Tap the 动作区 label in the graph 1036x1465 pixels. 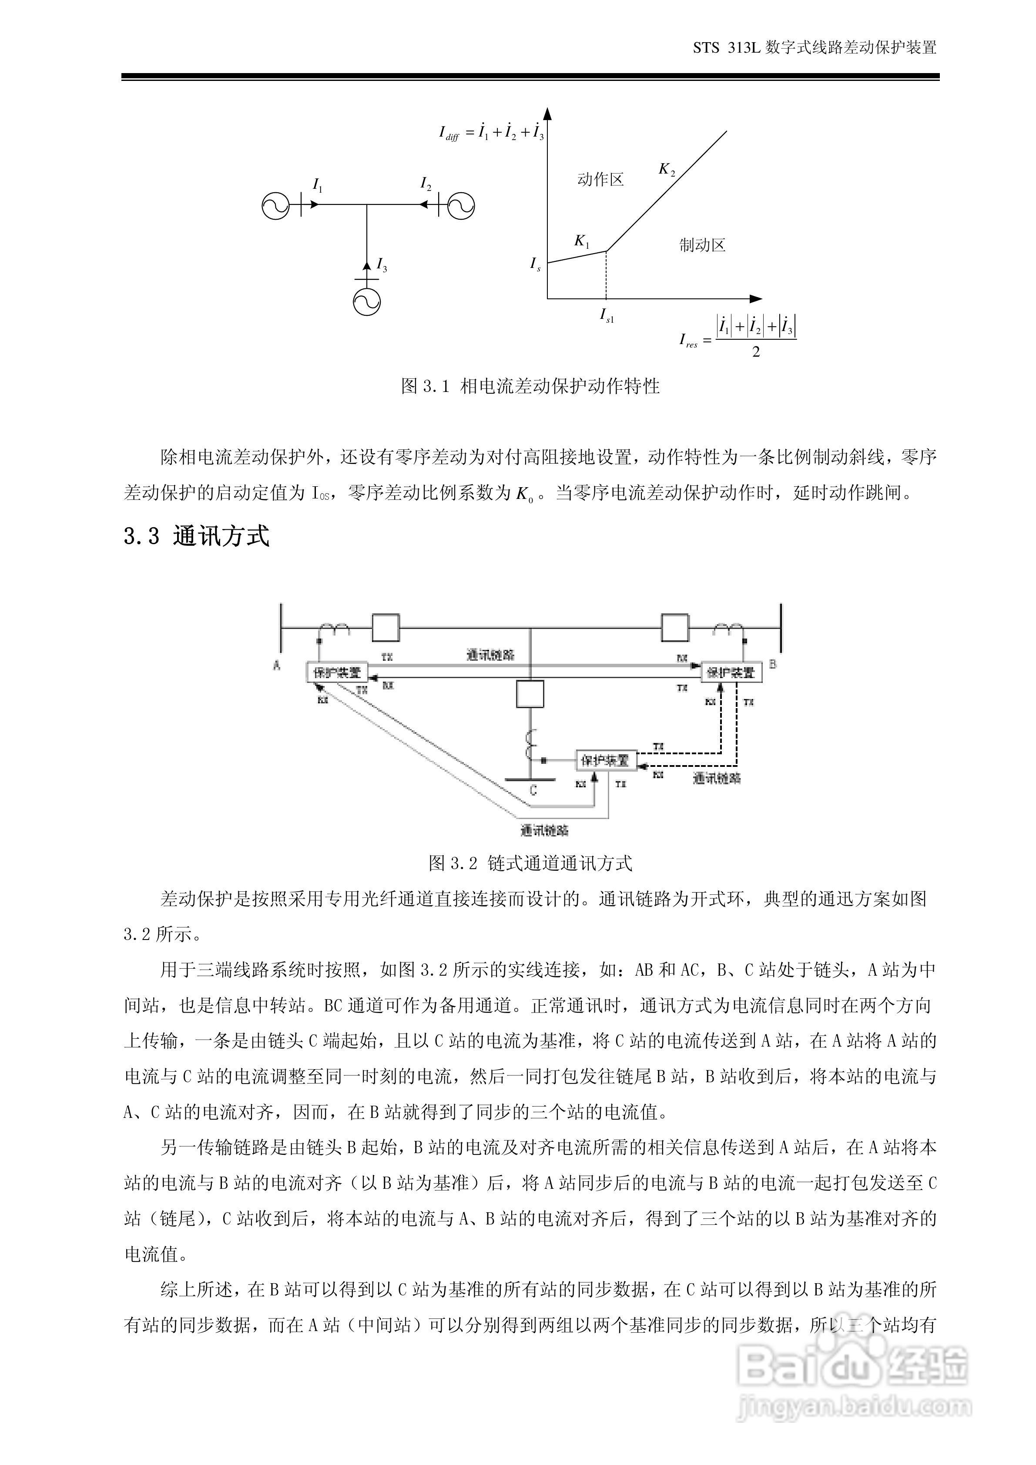600,180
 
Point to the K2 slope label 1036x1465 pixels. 667,170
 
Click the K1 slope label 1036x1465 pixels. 581,241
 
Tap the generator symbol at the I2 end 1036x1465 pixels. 461,205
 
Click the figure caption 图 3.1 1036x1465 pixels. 530,386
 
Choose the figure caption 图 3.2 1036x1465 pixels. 530,863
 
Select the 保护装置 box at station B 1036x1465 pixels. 731,672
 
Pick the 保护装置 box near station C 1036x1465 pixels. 604,760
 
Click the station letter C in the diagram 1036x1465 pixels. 533,790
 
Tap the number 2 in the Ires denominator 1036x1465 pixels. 756,351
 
